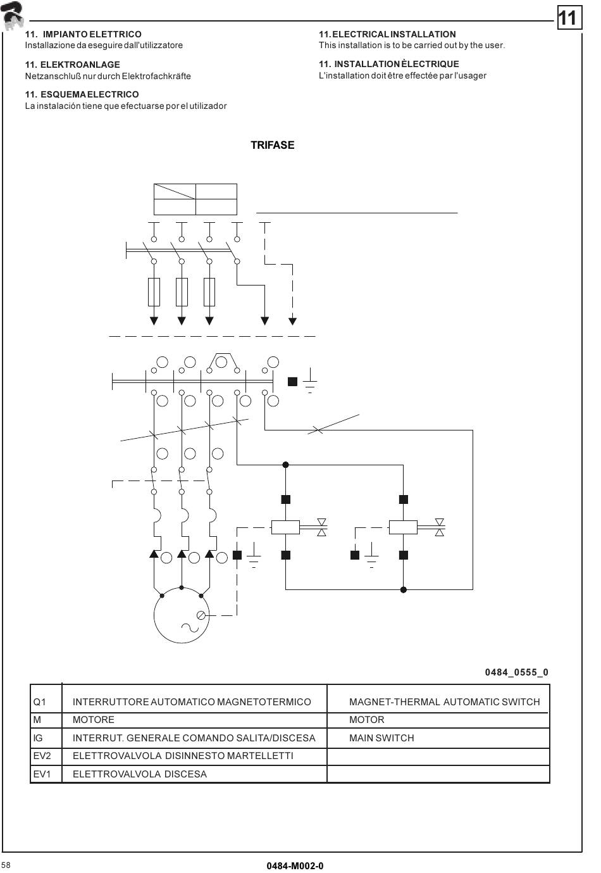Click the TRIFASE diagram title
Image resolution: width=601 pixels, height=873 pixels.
coord(272,145)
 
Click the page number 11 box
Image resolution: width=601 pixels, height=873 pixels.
coord(567,18)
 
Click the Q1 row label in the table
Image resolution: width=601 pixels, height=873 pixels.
coord(39,701)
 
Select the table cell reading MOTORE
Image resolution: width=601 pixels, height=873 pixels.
coord(94,720)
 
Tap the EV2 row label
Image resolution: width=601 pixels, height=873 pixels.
coord(42,755)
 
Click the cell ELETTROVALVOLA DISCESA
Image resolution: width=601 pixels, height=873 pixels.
coord(140,774)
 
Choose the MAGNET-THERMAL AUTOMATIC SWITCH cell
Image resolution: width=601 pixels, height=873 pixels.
coord(444,701)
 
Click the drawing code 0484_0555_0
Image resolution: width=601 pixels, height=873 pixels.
coord(516,672)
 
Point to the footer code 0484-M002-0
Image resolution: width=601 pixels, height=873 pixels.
coord(295,866)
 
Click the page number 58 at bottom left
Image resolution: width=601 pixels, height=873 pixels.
coord(6,865)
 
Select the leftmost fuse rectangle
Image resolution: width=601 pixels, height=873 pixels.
coord(154,292)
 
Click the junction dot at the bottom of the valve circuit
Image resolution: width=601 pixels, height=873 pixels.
coord(404,589)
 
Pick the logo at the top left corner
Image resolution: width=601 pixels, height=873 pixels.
coord(13,16)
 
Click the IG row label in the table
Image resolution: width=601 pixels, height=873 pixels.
coord(38,738)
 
